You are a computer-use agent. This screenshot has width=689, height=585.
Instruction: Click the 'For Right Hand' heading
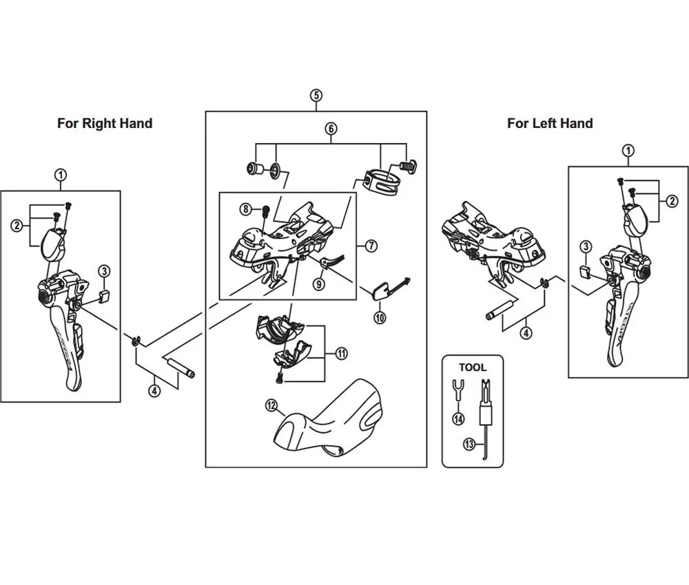point(105,124)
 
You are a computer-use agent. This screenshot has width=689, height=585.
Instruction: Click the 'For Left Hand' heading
point(550,124)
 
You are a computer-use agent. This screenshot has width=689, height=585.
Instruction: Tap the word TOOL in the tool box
point(472,368)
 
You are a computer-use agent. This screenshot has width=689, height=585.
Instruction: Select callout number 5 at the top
point(316,95)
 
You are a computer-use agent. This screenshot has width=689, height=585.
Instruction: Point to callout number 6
point(331,129)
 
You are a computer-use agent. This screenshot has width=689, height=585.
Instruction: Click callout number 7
point(371,245)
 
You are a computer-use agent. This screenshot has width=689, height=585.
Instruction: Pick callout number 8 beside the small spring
point(245,208)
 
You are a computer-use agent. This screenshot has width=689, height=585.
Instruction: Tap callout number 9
point(318,283)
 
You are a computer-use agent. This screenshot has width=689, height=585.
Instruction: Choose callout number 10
point(380,317)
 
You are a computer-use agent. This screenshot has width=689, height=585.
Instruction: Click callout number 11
point(342,354)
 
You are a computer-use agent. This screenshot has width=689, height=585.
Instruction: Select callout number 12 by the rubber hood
point(271,405)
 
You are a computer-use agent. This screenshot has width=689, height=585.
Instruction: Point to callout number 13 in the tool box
point(469,444)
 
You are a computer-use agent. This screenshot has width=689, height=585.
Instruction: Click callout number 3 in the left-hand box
point(586,246)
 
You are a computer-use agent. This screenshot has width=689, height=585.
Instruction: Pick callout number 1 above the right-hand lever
point(61,175)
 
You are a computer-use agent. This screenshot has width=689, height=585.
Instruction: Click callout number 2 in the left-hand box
point(670,201)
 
